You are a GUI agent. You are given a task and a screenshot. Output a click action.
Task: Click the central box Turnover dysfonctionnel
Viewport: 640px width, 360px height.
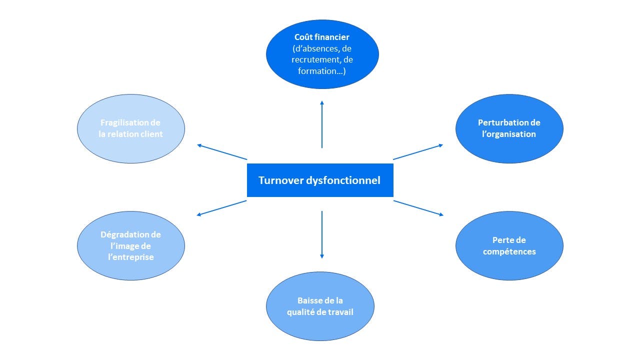(320, 180)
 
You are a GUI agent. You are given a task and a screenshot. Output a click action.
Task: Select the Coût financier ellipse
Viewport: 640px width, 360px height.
(322, 54)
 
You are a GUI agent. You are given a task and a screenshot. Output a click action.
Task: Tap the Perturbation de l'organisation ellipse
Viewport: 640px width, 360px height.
(509, 128)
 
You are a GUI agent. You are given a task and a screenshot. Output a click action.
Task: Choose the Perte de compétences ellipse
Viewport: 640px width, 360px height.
(509, 245)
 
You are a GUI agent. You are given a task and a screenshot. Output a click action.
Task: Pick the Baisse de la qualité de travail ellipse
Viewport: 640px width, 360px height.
(320, 306)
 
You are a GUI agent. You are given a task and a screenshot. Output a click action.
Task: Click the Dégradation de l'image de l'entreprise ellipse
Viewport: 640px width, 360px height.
(131, 245)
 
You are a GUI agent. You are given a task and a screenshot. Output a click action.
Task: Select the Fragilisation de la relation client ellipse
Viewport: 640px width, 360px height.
(131, 128)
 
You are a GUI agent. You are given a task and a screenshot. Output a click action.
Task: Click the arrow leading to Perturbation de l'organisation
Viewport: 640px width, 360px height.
(418, 152)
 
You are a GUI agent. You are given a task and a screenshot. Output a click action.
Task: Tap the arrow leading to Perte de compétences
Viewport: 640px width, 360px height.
(418, 208)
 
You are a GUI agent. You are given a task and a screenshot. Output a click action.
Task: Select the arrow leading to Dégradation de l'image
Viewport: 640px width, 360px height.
(222, 208)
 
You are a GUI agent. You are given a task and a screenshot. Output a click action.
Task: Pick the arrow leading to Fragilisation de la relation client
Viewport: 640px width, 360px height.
(222, 152)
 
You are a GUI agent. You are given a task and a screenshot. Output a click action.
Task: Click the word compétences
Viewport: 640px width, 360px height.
(509, 251)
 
